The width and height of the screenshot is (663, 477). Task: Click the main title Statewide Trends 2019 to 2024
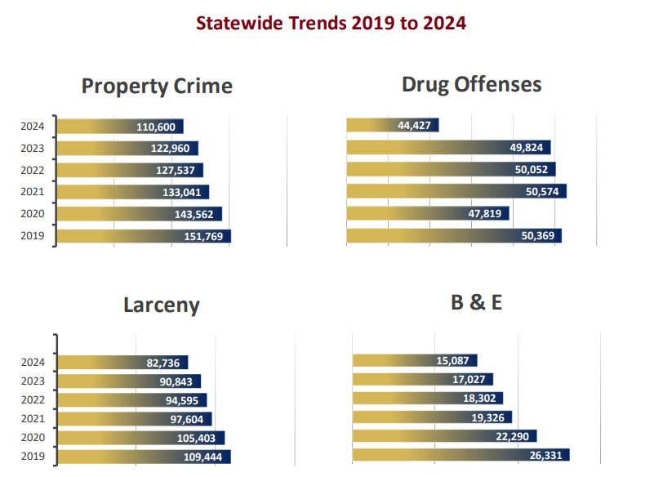point(331,23)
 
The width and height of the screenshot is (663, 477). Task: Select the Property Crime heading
point(157,87)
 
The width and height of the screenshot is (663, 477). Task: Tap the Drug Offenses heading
point(471,84)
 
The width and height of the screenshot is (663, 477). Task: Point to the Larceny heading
point(162,305)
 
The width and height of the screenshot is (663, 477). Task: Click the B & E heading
point(476,302)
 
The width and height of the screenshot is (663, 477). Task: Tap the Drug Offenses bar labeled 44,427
point(393,125)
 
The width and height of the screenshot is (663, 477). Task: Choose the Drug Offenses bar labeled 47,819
point(428,213)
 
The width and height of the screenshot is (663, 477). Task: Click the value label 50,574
point(542,191)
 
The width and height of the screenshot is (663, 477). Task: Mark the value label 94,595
point(181,400)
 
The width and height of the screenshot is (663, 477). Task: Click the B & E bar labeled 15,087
point(414,360)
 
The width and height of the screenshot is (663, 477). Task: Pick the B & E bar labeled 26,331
point(461,455)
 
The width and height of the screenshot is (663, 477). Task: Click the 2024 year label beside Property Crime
point(33,127)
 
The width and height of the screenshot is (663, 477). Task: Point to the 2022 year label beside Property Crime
point(33,171)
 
